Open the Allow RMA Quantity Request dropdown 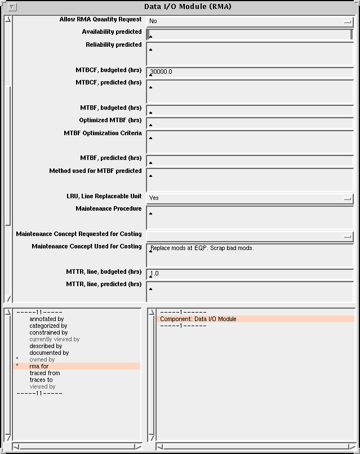pyautogui.click(x=250, y=21)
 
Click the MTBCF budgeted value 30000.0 pyautogui.click(x=161, y=72)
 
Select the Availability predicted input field pyautogui.click(x=250, y=34)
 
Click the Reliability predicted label pyautogui.click(x=113, y=45)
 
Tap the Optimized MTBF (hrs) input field pyautogui.click(x=250, y=123)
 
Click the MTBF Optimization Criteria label pyautogui.click(x=103, y=133)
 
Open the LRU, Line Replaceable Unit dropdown pyautogui.click(x=250, y=198)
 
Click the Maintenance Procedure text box pyautogui.click(x=250, y=217)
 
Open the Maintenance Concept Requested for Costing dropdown pyautogui.click(x=250, y=236)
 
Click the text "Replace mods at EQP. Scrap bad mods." pyautogui.click(x=202, y=248)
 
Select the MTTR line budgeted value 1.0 pyautogui.click(x=155, y=274)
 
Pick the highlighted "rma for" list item pyautogui.click(x=39, y=367)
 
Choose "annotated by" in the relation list pyautogui.click(x=46, y=319)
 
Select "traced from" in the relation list pyautogui.click(x=45, y=373)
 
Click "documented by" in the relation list pyautogui.click(x=49, y=353)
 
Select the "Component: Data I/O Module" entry pyautogui.click(x=198, y=319)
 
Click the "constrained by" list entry pyautogui.click(x=48, y=333)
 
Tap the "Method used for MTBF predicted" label pyautogui.click(x=95, y=171)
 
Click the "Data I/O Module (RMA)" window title pyautogui.click(x=188, y=7)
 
